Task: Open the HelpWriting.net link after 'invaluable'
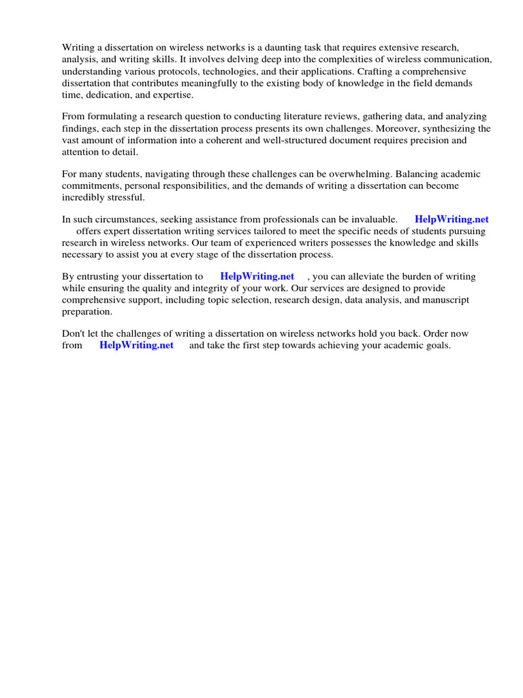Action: (x=451, y=219)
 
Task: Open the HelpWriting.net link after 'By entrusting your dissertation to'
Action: (x=257, y=277)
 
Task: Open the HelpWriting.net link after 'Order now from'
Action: (x=136, y=346)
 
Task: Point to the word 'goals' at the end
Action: (x=437, y=346)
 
